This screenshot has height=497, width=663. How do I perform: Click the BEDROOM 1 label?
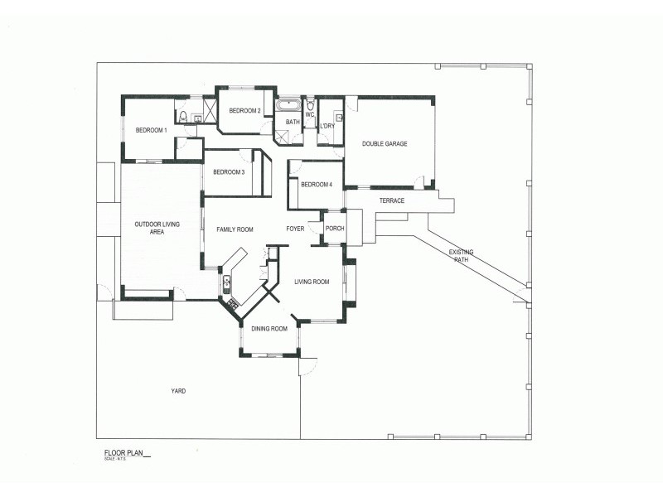[152, 130]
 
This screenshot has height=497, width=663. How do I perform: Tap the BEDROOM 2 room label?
[245, 111]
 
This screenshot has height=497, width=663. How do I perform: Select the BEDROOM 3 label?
[229, 172]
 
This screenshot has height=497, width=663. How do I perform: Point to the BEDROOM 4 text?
[316, 185]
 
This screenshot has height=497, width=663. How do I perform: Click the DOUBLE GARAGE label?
[385, 144]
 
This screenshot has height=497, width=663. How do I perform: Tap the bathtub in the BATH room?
[289, 106]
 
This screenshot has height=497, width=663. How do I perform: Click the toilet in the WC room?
[310, 107]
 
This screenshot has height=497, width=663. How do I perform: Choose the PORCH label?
[335, 229]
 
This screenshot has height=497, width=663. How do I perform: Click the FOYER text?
[296, 229]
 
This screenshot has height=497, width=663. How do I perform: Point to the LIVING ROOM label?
[312, 282]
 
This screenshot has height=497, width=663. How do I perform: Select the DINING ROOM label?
[269, 329]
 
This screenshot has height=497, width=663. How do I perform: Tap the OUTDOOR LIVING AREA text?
[157, 229]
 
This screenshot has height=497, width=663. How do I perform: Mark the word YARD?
[178, 391]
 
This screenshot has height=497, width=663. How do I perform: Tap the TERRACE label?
[392, 201]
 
